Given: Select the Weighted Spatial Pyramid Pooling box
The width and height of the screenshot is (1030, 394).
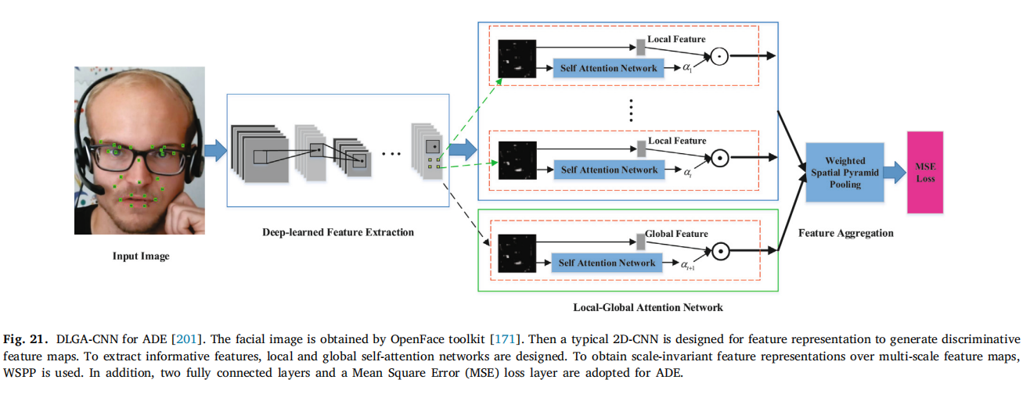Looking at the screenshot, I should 845,173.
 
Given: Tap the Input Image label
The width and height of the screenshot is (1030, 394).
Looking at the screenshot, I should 141,256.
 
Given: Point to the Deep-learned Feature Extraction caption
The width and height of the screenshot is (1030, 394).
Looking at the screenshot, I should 338,232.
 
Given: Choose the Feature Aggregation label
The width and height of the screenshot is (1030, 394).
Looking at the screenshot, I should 845,233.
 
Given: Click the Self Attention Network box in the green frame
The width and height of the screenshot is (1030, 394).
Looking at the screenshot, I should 607,263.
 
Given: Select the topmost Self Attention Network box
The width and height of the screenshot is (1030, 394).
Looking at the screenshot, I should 607,68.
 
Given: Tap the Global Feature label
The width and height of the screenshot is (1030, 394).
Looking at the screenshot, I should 676,234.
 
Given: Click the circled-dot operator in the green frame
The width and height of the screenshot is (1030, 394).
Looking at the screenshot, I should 718,251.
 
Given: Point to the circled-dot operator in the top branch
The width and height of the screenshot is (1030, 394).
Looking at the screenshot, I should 718,56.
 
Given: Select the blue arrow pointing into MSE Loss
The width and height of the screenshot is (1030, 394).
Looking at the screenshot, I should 895,173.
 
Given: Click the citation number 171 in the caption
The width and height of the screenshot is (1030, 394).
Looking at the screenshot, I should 502,338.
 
